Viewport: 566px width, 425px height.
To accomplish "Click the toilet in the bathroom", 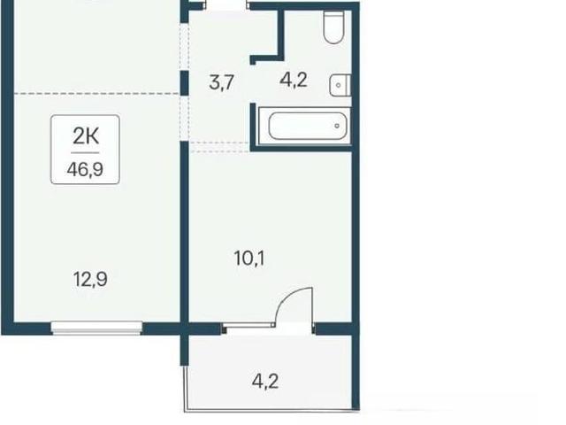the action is pos(333,27).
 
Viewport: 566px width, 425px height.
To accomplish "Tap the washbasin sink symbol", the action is pos(340,85).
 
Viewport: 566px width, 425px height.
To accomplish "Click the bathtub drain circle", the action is pos(337,126).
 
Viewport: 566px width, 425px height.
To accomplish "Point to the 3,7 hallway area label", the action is pos(222,82).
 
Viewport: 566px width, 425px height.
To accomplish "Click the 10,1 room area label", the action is pos(249,258).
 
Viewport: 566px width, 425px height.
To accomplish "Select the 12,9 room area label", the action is pos(90,279).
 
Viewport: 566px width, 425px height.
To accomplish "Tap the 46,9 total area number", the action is pos(85,169).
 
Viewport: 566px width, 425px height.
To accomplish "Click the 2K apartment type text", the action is pos(86,136).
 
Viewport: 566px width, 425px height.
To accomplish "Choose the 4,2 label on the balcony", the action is pos(265,382).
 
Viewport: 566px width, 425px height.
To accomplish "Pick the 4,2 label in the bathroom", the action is pos(294,80).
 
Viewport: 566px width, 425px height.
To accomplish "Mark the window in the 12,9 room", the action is pos(96,328).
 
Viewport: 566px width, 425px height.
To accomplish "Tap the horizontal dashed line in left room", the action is pos(96,94).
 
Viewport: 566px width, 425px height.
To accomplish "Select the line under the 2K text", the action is pos(85,153).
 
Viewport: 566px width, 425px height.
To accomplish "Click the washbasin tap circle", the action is pos(338,86).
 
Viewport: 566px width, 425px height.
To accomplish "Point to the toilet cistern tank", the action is pos(333,17).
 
